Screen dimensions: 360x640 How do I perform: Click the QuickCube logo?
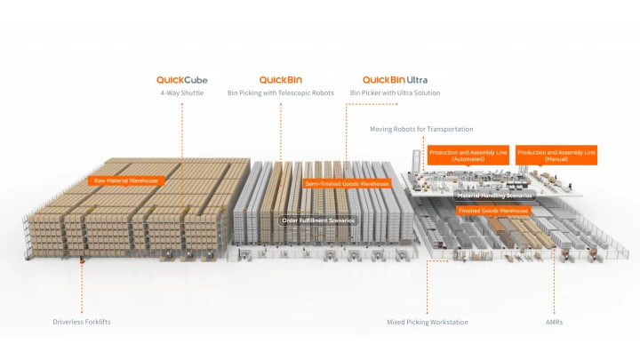click(x=182, y=80)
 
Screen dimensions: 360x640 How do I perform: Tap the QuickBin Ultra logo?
click(x=395, y=80)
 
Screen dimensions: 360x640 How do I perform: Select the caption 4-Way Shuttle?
click(x=182, y=92)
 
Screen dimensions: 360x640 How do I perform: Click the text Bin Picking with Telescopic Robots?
click(x=281, y=92)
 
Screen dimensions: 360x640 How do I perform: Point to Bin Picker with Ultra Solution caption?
click(x=395, y=92)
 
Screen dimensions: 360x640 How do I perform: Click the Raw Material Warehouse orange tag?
click(x=127, y=180)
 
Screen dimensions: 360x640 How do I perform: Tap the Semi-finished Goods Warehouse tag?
click(x=347, y=183)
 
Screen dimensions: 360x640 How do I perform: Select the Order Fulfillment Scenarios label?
click(x=318, y=220)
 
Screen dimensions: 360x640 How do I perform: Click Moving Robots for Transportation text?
click(x=421, y=129)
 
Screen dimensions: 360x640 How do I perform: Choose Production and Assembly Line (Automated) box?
click(x=468, y=155)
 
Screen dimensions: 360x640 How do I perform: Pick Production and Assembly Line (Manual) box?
click(x=556, y=155)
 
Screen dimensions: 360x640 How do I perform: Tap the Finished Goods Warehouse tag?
click(x=493, y=211)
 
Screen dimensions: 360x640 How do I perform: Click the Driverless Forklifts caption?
click(x=82, y=322)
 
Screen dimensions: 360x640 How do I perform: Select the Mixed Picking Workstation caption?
click(x=427, y=322)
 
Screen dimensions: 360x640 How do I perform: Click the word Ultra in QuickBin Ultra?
click(x=416, y=80)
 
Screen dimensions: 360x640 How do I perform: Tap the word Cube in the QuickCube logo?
click(x=197, y=80)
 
